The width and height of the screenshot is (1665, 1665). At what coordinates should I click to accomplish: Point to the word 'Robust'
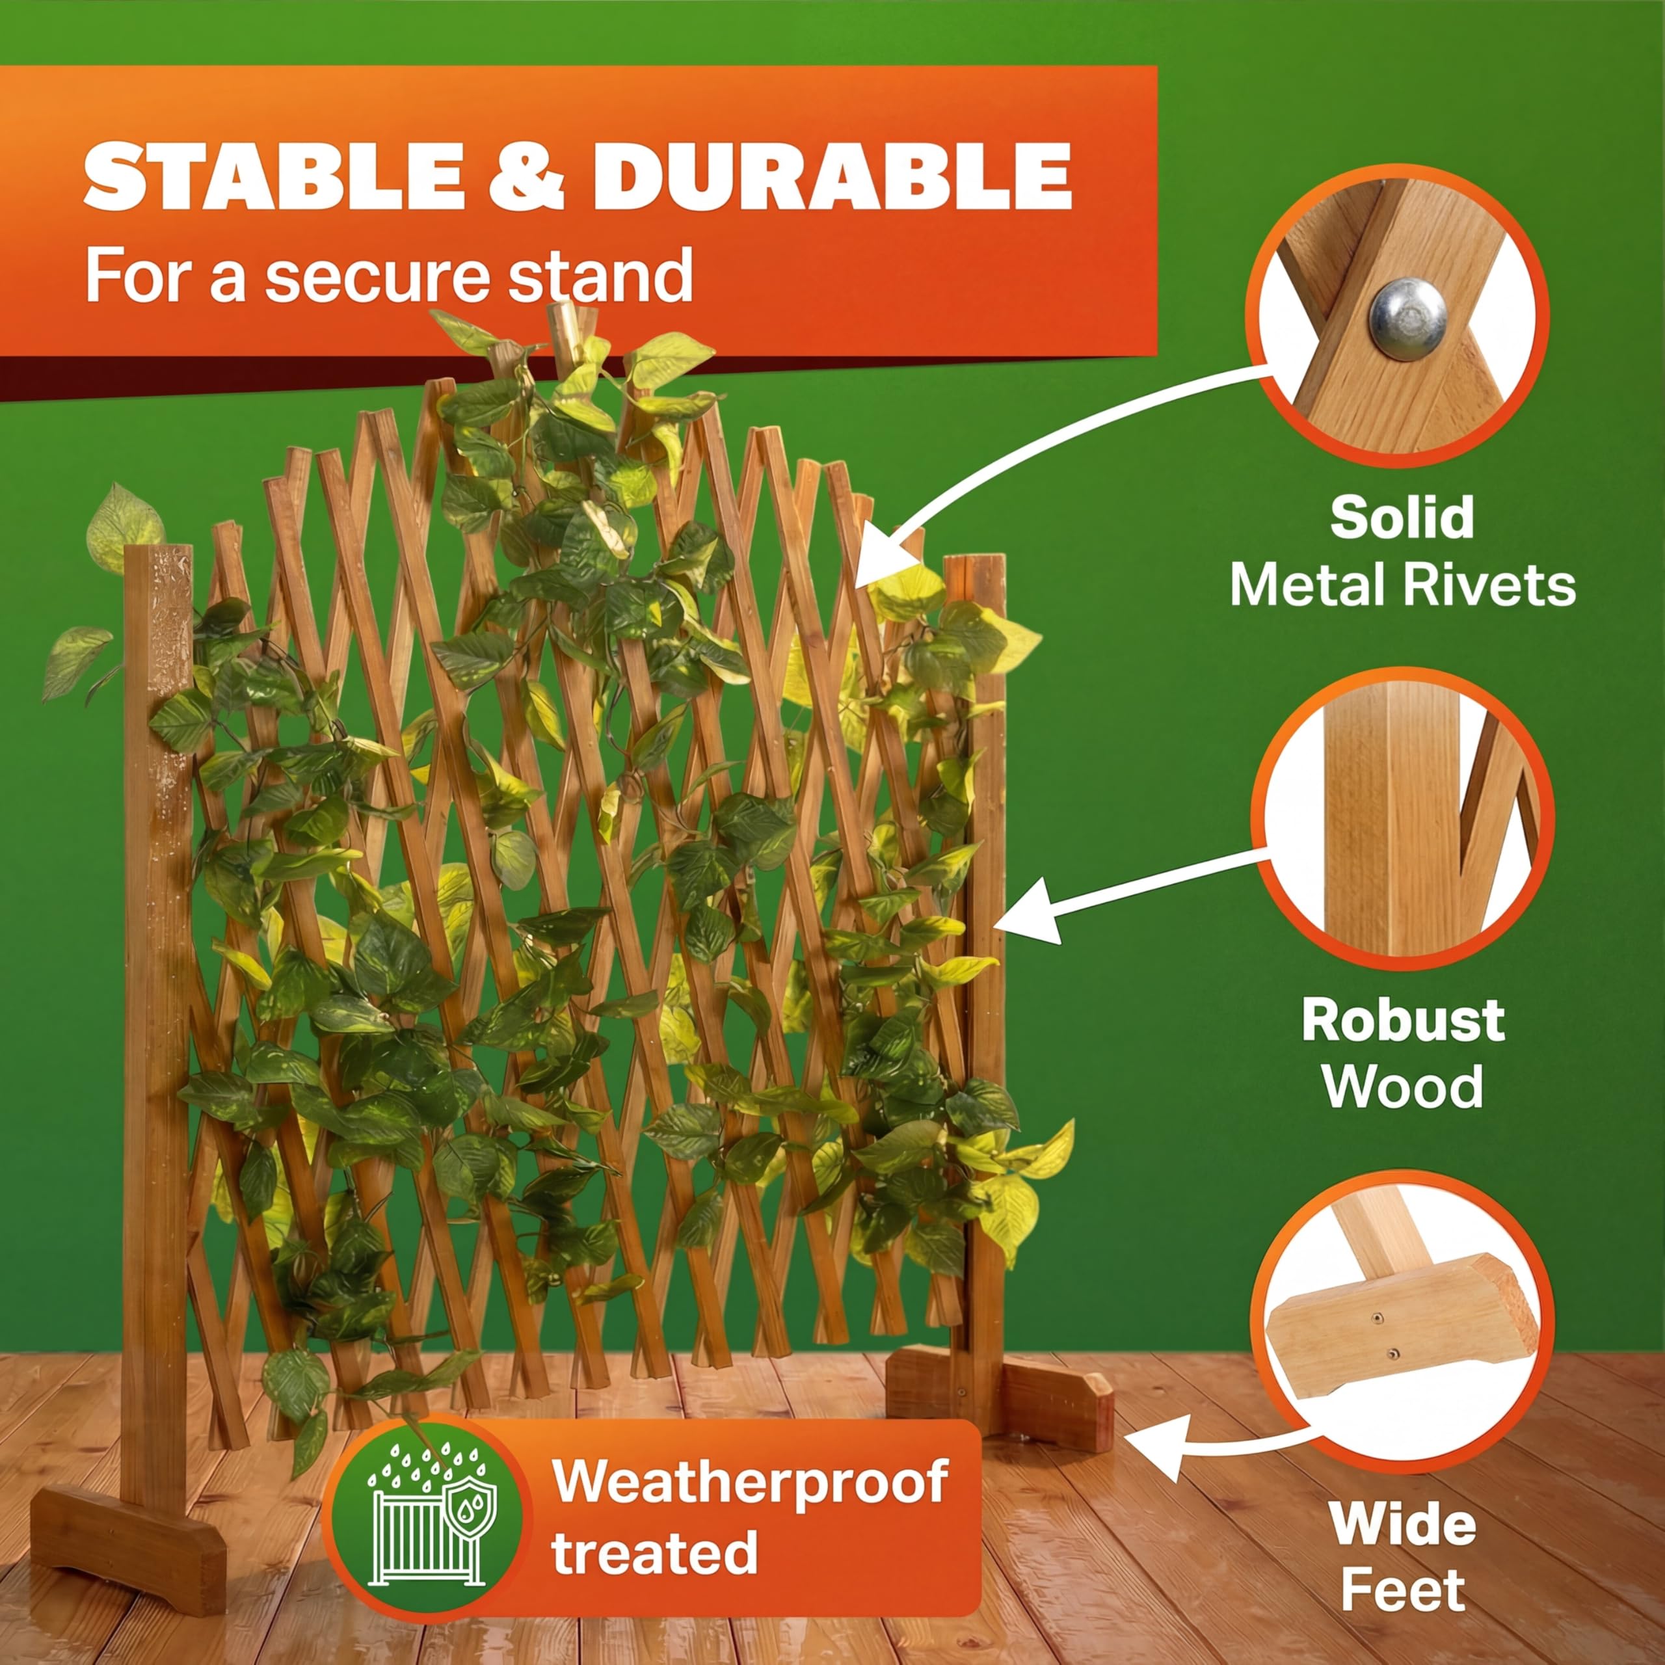pos(1403,1020)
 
